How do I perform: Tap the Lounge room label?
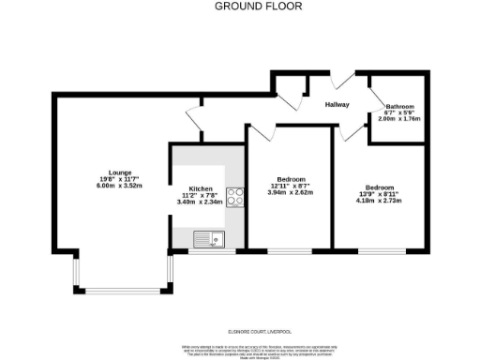pyautogui.click(x=119, y=172)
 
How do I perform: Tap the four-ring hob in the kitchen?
pyautogui.click(x=236, y=197)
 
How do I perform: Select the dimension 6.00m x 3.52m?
pyautogui.click(x=119, y=187)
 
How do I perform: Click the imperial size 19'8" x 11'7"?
pyautogui.click(x=119, y=179)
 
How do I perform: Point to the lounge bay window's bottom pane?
pyautogui.click(x=123, y=290)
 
